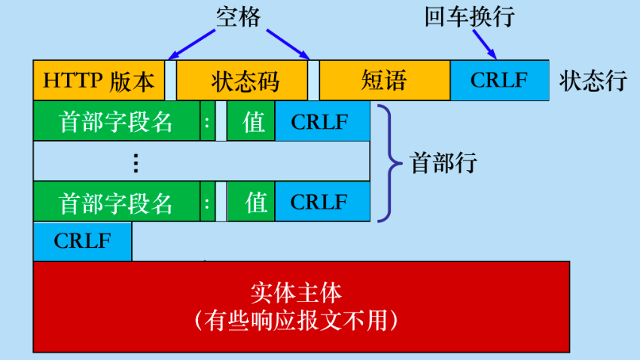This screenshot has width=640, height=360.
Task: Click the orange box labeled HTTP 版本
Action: [x=99, y=80]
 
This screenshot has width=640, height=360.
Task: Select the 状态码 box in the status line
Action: [x=242, y=80]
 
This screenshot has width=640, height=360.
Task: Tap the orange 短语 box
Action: [x=385, y=80]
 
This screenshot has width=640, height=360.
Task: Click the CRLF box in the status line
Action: [x=500, y=80]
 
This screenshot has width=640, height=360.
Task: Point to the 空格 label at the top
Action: [x=239, y=17]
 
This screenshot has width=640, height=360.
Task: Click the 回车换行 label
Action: [x=469, y=17]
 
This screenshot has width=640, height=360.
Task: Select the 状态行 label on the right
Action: [x=593, y=81]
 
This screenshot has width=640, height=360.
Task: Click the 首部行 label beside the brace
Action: [x=443, y=163]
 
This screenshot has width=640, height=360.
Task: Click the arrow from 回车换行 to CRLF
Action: [x=485, y=44]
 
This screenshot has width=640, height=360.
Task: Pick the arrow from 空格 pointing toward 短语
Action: [x=288, y=44]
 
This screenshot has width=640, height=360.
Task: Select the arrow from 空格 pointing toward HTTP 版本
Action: [x=191, y=44]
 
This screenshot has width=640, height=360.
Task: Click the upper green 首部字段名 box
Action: [x=117, y=121]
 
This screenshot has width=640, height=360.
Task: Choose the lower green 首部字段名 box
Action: [x=117, y=202]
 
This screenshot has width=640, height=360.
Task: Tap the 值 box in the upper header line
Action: [x=251, y=121]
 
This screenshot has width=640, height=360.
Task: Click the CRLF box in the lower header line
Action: [x=322, y=202]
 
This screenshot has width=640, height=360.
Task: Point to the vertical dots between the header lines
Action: [x=136, y=163]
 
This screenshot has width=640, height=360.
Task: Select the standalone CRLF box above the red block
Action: [x=83, y=241]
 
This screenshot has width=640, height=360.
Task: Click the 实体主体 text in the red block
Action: [x=296, y=293]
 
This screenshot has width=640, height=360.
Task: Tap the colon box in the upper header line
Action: [x=207, y=121]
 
